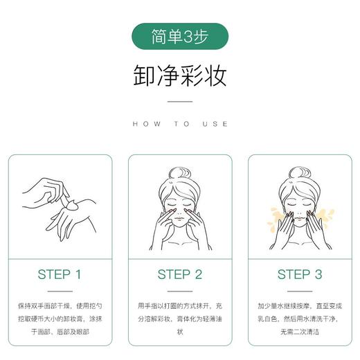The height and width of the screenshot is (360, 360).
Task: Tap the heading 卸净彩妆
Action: (179, 76)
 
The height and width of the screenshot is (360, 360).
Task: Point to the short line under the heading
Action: (179, 102)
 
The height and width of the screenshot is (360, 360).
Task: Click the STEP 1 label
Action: (59, 274)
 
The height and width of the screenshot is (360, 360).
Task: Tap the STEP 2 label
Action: (179, 274)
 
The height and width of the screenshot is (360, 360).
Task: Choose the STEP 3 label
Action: (300, 274)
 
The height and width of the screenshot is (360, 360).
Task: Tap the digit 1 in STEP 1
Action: (78, 274)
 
